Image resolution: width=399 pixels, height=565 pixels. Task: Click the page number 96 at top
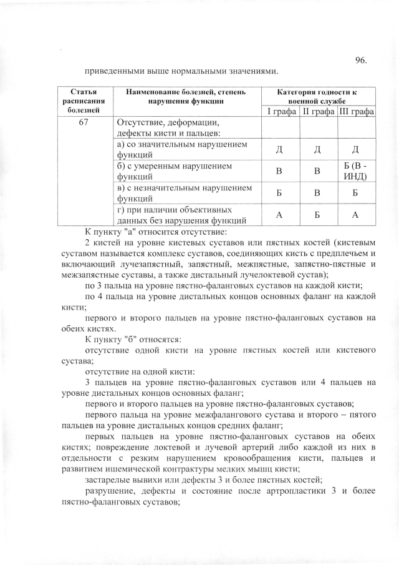coord(360,60)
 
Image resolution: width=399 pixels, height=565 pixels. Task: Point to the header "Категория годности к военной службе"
coord(317,96)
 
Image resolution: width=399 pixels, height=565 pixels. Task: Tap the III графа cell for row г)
coord(356,214)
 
